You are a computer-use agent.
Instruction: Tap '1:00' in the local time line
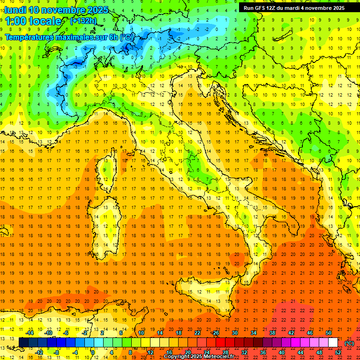pos(17,21)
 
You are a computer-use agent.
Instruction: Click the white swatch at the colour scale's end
pos(333,342)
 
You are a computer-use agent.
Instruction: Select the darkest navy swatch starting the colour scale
pos(23,342)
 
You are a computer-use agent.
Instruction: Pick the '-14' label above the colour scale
pos(29,333)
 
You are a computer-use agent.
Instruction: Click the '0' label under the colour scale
pos(93,352)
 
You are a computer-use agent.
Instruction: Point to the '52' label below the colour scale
pos(338,352)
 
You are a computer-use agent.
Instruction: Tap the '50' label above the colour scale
pos(328,333)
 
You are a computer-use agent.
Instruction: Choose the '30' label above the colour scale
pos(234,333)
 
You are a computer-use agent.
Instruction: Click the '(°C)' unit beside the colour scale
pos(349,343)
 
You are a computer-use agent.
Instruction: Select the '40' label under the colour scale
pos(282,352)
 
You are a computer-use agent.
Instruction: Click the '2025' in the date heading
pos(97,10)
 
